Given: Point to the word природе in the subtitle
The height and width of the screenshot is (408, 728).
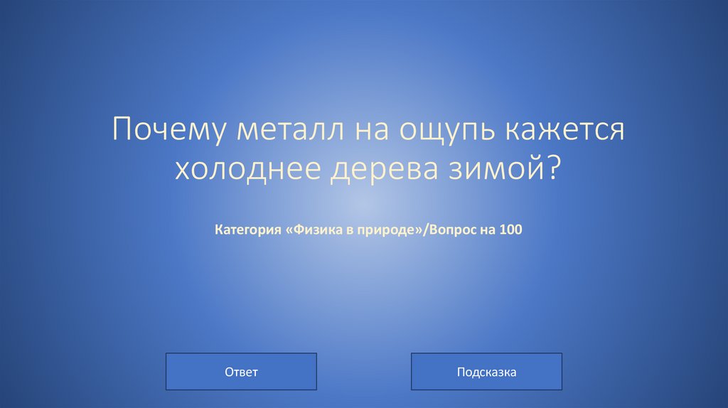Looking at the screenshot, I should (383, 230).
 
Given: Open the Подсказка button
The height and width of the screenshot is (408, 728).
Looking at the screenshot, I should (486, 372).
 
